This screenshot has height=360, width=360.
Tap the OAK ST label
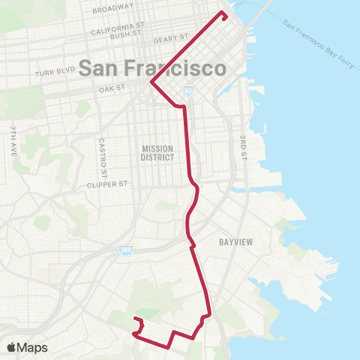click(111, 89)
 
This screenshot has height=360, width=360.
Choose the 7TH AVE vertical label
click(13, 142)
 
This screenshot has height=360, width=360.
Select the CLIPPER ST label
click(109, 184)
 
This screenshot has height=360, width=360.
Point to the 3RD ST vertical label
click(242, 147)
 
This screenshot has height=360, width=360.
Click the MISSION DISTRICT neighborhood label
click(157, 153)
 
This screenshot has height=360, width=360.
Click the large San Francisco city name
click(151, 68)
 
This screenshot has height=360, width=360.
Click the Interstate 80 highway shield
click(187, 91)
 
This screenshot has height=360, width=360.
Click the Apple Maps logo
click(27, 348)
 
